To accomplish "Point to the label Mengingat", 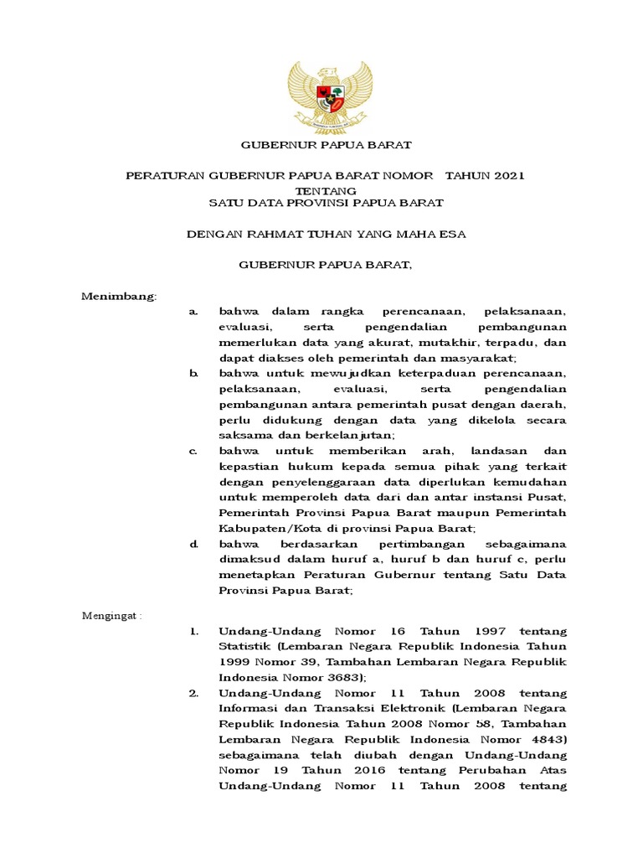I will click(x=111, y=615).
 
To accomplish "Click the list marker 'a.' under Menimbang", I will click(x=193, y=312).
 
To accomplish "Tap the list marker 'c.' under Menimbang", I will click(x=193, y=451).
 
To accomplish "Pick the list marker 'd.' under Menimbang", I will click(x=193, y=544).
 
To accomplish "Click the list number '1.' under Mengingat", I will click(x=193, y=631).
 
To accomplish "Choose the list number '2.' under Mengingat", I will click(x=193, y=693).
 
